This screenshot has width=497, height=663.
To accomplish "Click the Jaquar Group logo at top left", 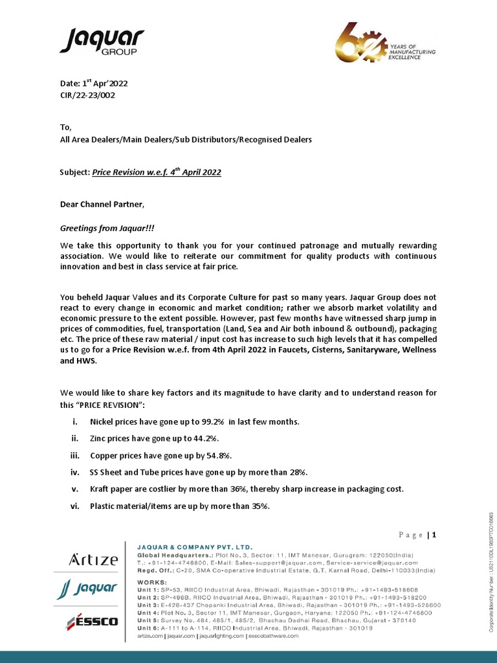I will (102, 42).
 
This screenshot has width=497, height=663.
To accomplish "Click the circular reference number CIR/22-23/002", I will (89, 95).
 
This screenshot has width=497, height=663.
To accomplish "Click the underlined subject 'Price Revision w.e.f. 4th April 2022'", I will (157, 172).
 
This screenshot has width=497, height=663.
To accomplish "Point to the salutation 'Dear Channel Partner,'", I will (103, 205).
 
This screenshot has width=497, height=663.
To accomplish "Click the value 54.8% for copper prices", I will (217, 455).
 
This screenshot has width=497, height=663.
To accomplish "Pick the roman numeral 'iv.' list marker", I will (74, 472).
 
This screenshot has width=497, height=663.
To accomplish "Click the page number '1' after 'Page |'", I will (435, 535).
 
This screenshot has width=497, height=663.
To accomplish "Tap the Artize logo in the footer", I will (93, 559).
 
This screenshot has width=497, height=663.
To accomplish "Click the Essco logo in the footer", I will (93, 622).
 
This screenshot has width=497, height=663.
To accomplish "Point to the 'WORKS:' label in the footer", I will (152, 582).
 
